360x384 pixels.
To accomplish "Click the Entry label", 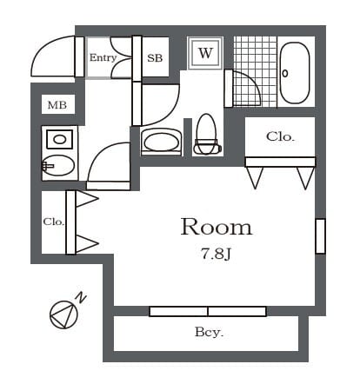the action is click(x=103, y=57).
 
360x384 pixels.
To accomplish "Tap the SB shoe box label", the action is click(x=155, y=58).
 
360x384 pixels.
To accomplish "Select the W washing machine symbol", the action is click(x=205, y=53).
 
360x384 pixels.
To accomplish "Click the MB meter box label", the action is click(x=57, y=105).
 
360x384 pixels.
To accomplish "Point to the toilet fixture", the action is click(x=207, y=134).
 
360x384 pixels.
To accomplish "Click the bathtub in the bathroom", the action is click(x=295, y=73).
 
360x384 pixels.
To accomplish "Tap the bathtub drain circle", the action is click(x=285, y=73).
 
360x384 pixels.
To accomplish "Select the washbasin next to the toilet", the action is click(x=161, y=142).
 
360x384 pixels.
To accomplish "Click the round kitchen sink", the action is click(x=58, y=165).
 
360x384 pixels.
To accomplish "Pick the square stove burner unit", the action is click(x=59, y=139).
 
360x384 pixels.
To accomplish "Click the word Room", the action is click(x=217, y=227).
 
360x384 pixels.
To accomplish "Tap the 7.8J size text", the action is click(x=216, y=255).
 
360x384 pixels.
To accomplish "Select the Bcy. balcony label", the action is click(x=209, y=332).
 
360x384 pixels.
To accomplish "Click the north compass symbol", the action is click(x=63, y=314).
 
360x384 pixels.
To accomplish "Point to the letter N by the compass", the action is click(x=81, y=298).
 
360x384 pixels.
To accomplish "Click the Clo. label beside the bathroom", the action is click(x=280, y=136).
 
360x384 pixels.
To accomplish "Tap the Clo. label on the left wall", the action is click(x=53, y=222).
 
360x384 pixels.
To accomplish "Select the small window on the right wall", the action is click(x=320, y=236).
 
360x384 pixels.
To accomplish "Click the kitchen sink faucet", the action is click(x=48, y=166).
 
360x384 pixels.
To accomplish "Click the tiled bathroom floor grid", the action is click(x=255, y=71).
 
